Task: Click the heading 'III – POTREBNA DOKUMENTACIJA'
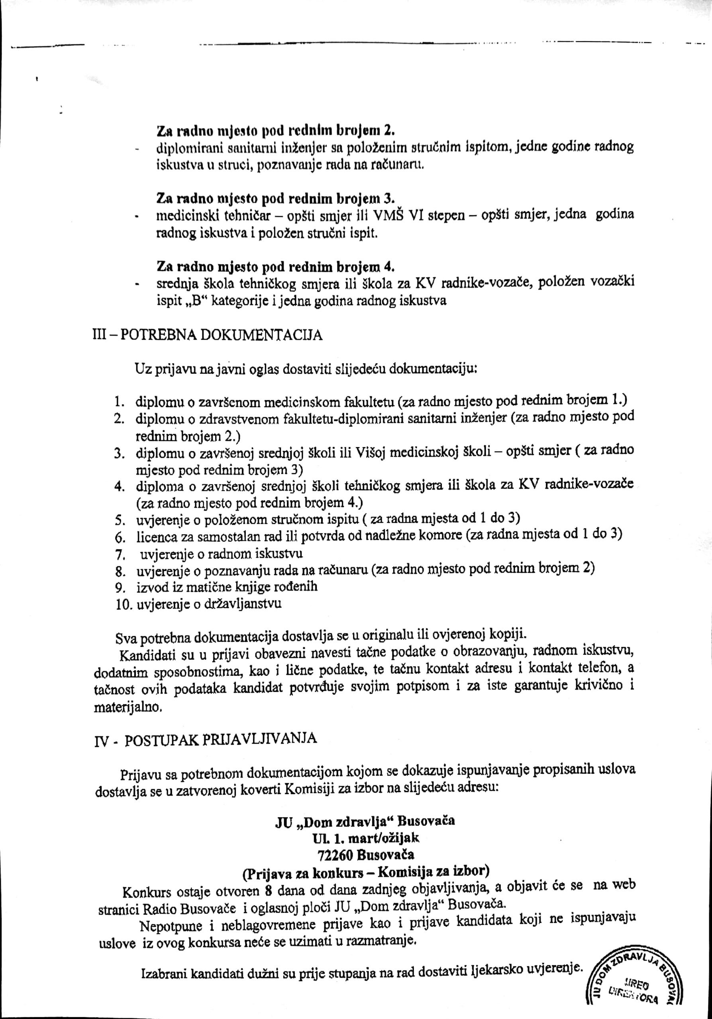207,335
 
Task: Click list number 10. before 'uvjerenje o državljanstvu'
123,605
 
